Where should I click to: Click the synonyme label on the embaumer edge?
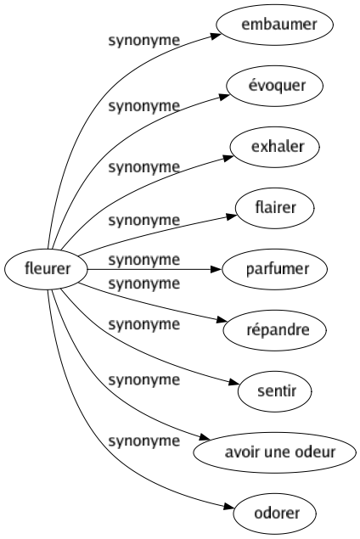pos(143,40)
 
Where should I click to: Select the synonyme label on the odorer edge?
pos(143,441)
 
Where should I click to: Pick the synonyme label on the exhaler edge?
pos(143,167)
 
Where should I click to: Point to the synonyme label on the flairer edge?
pos(143,220)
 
